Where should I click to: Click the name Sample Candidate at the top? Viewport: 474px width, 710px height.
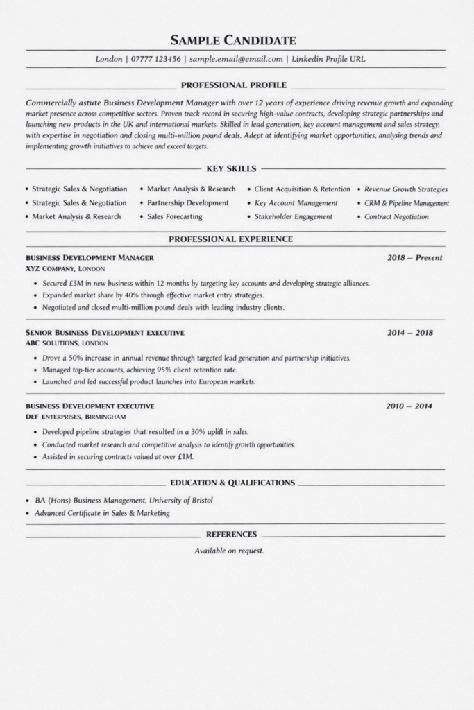coord(233,40)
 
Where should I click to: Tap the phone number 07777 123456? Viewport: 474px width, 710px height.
coord(156,60)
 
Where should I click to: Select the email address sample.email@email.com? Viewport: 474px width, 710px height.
coord(236,60)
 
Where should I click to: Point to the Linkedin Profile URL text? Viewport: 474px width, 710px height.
coord(328,60)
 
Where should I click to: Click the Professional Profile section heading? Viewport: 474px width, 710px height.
coord(233,85)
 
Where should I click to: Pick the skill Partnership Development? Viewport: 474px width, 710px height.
coord(187,203)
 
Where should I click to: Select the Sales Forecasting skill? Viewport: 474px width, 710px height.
coord(174,217)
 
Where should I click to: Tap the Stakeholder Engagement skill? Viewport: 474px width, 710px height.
coord(293,217)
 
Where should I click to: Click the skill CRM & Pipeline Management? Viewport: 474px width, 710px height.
coord(407,204)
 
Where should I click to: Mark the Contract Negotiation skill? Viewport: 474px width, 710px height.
coord(396,217)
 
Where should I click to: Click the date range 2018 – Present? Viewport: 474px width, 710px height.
coord(414,258)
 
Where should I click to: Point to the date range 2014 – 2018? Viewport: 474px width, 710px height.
coord(409,333)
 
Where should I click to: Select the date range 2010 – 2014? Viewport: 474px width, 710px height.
coord(409,406)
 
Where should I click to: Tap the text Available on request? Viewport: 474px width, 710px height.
coord(229,551)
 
